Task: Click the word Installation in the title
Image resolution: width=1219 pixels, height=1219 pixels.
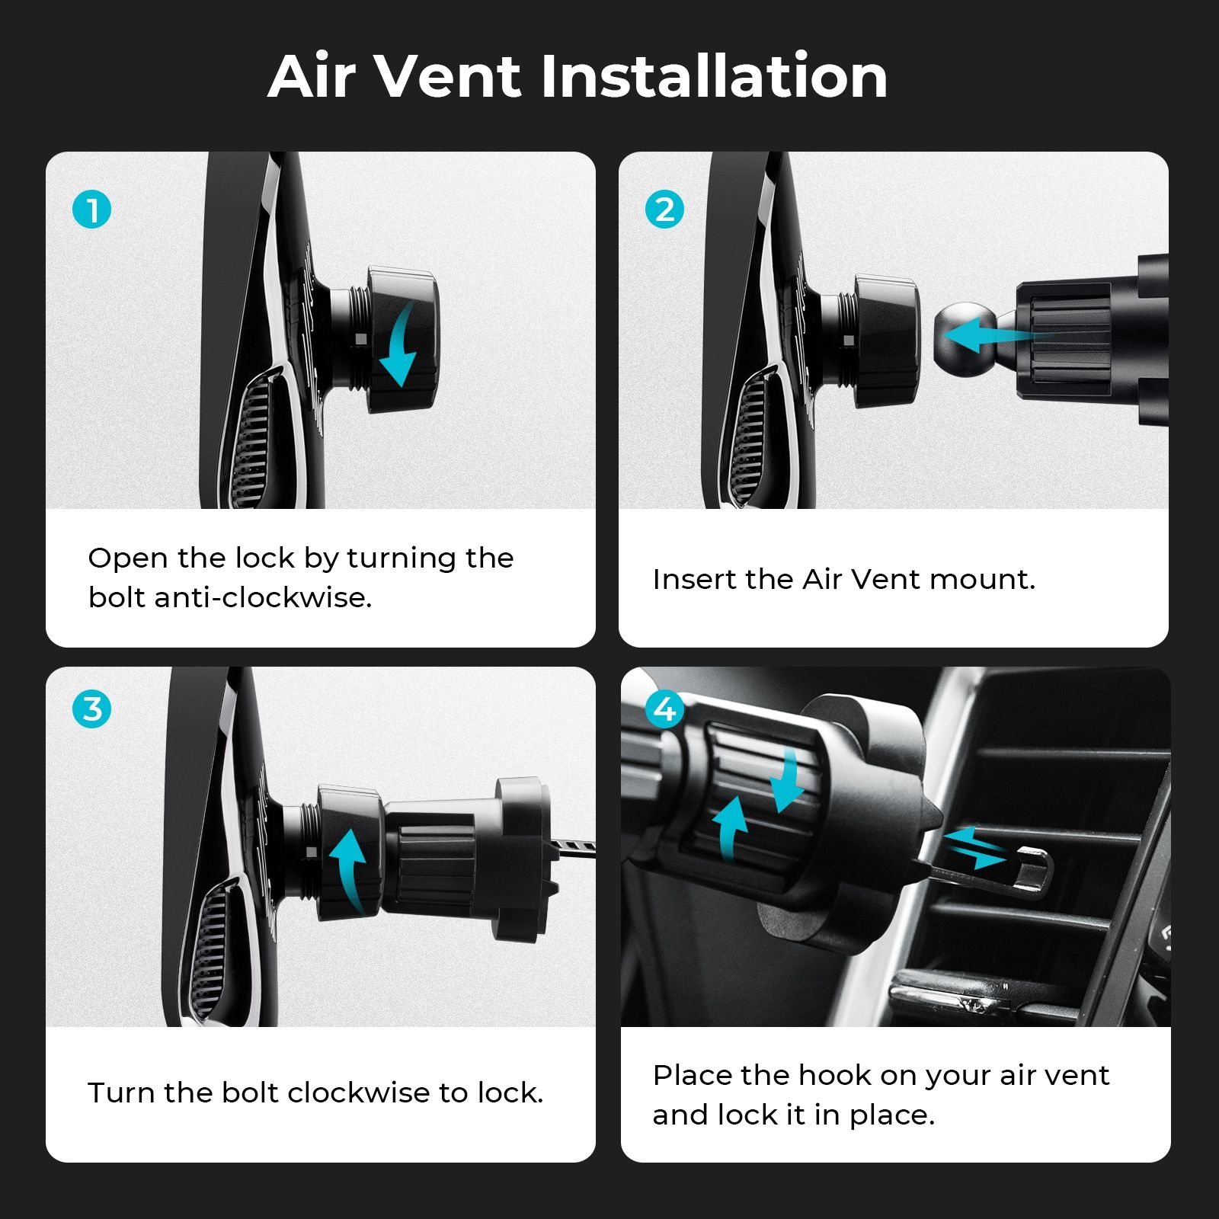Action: point(714,76)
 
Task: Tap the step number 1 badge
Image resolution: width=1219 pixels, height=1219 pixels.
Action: point(92,210)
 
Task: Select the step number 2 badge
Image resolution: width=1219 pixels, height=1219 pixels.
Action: point(664,210)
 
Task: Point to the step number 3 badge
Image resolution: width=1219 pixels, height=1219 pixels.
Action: point(92,709)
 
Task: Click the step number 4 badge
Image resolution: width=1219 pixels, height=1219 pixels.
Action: point(664,709)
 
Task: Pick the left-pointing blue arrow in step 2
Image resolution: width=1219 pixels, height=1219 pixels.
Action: point(990,334)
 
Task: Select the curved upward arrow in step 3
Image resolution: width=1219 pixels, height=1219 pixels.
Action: point(349,869)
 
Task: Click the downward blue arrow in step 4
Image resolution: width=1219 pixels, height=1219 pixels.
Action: point(788,779)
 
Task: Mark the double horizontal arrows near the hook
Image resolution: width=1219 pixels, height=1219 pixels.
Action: point(975,847)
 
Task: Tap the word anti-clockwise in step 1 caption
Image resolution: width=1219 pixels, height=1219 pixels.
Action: point(263,597)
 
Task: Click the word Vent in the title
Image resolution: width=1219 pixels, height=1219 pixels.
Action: point(449,76)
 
